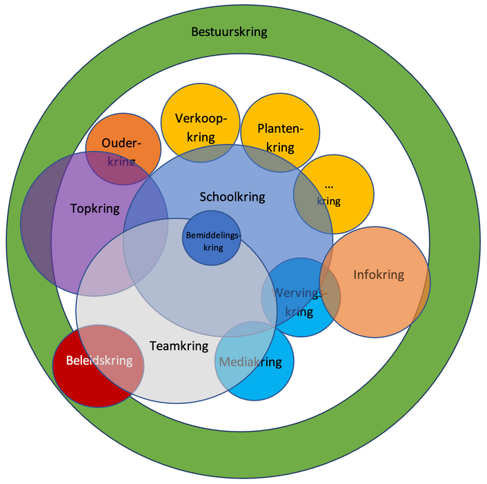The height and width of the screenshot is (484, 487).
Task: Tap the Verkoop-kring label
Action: click(x=201, y=127)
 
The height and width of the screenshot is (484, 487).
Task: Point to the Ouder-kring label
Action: click(x=121, y=152)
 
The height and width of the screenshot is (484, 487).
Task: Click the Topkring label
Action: click(x=95, y=208)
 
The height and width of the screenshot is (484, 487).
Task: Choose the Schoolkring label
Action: click(x=232, y=196)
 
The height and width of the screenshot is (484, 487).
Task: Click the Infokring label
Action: click(x=379, y=274)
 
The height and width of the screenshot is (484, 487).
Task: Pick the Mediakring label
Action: click(x=250, y=362)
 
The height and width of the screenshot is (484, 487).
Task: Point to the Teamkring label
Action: click(x=179, y=345)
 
